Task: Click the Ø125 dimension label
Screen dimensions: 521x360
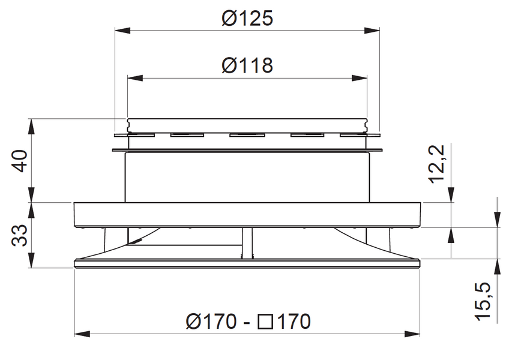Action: pyautogui.click(x=247, y=18)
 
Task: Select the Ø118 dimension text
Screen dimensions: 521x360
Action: pyautogui.click(x=247, y=65)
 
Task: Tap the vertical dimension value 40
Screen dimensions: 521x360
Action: pyautogui.click(x=20, y=161)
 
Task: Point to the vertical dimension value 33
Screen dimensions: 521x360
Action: pyautogui.click(x=20, y=235)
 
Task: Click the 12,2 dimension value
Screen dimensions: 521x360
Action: pyautogui.click(x=436, y=164)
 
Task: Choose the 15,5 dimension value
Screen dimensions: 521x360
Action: pyautogui.click(x=483, y=302)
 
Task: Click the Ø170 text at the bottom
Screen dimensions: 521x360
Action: pyautogui.click(x=212, y=322)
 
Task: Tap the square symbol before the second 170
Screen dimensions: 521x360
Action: pyautogui.click(x=265, y=322)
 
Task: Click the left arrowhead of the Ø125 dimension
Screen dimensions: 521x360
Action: pyautogui.click(x=122, y=30)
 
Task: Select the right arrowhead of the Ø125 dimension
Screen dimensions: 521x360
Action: pyautogui.click(x=372, y=30)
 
